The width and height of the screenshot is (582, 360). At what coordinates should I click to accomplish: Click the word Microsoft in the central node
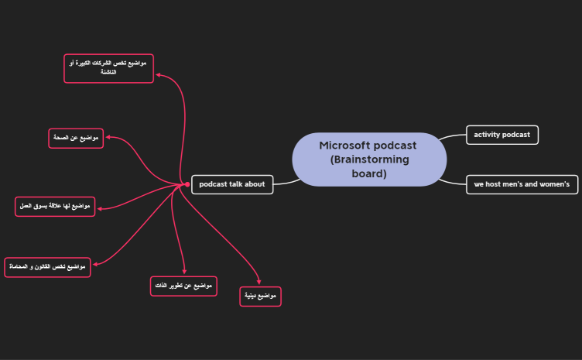coord(344,146)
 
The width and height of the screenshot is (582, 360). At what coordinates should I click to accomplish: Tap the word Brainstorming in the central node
coord(369,159)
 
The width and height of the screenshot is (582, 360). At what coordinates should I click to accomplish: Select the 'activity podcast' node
coord(502,135)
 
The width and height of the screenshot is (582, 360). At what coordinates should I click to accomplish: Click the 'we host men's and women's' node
coord(522,184)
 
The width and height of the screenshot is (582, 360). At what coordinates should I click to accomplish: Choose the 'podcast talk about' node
coord(232,184)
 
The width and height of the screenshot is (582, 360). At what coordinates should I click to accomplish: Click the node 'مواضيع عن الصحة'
coord(75,138)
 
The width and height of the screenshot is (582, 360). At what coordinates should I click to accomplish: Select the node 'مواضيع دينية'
coord(260,297)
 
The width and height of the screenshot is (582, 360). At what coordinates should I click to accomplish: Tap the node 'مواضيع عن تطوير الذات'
coord(183,286)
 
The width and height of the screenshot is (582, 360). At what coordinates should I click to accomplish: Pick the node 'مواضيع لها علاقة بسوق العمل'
coord(55,207)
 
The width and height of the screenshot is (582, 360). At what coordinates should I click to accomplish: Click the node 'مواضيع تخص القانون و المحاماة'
coord(47,267)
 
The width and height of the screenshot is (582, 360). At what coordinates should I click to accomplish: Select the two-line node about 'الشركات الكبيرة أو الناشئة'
coord(108,67)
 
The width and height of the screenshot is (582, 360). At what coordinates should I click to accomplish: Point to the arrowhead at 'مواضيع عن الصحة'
coord(108,138)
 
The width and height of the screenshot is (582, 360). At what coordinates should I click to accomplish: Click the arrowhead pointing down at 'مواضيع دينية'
coord(260,283)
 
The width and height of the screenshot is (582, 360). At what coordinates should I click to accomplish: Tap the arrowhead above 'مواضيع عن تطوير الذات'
coord(184,271)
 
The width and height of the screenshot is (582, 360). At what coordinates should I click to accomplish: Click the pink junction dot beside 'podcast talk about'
coord(187,184)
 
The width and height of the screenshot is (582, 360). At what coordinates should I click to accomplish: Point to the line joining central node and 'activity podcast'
coord(452,137)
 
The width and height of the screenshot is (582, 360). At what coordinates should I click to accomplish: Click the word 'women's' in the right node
coord(553,184)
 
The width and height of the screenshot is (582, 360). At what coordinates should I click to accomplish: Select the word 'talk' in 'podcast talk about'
coord(238,184)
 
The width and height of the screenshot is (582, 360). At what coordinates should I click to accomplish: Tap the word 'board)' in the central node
coord(369,173)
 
